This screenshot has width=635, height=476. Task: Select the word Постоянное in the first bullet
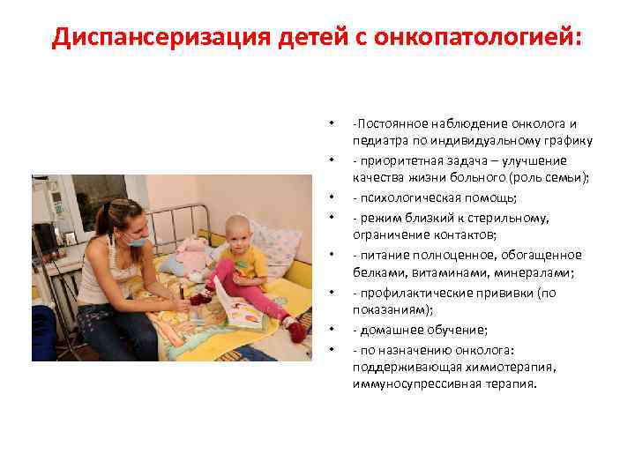(393, 123)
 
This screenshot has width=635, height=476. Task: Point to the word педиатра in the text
(379, 140)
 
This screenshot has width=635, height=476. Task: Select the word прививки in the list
(519, 292)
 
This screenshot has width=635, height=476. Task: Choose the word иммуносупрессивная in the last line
(408, 384)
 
